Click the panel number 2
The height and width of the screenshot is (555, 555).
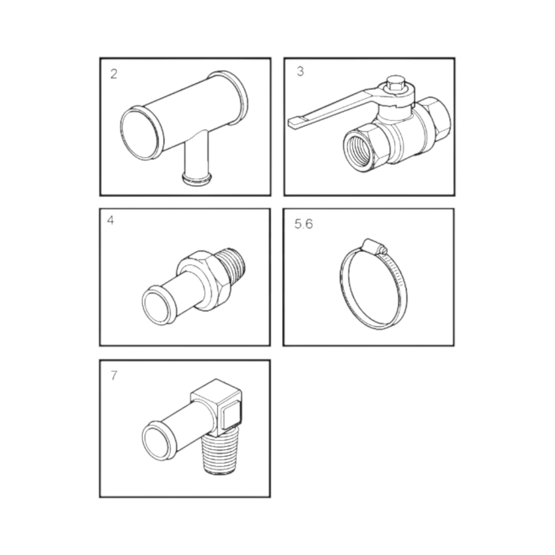click(x=113, y=74)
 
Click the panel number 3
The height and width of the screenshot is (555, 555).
click(x=300, y=72)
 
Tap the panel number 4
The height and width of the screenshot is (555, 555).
click(x=111, y=221)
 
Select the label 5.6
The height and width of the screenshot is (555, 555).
click(x=303, y=224)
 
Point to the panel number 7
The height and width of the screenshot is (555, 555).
click(x=113, y=376)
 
